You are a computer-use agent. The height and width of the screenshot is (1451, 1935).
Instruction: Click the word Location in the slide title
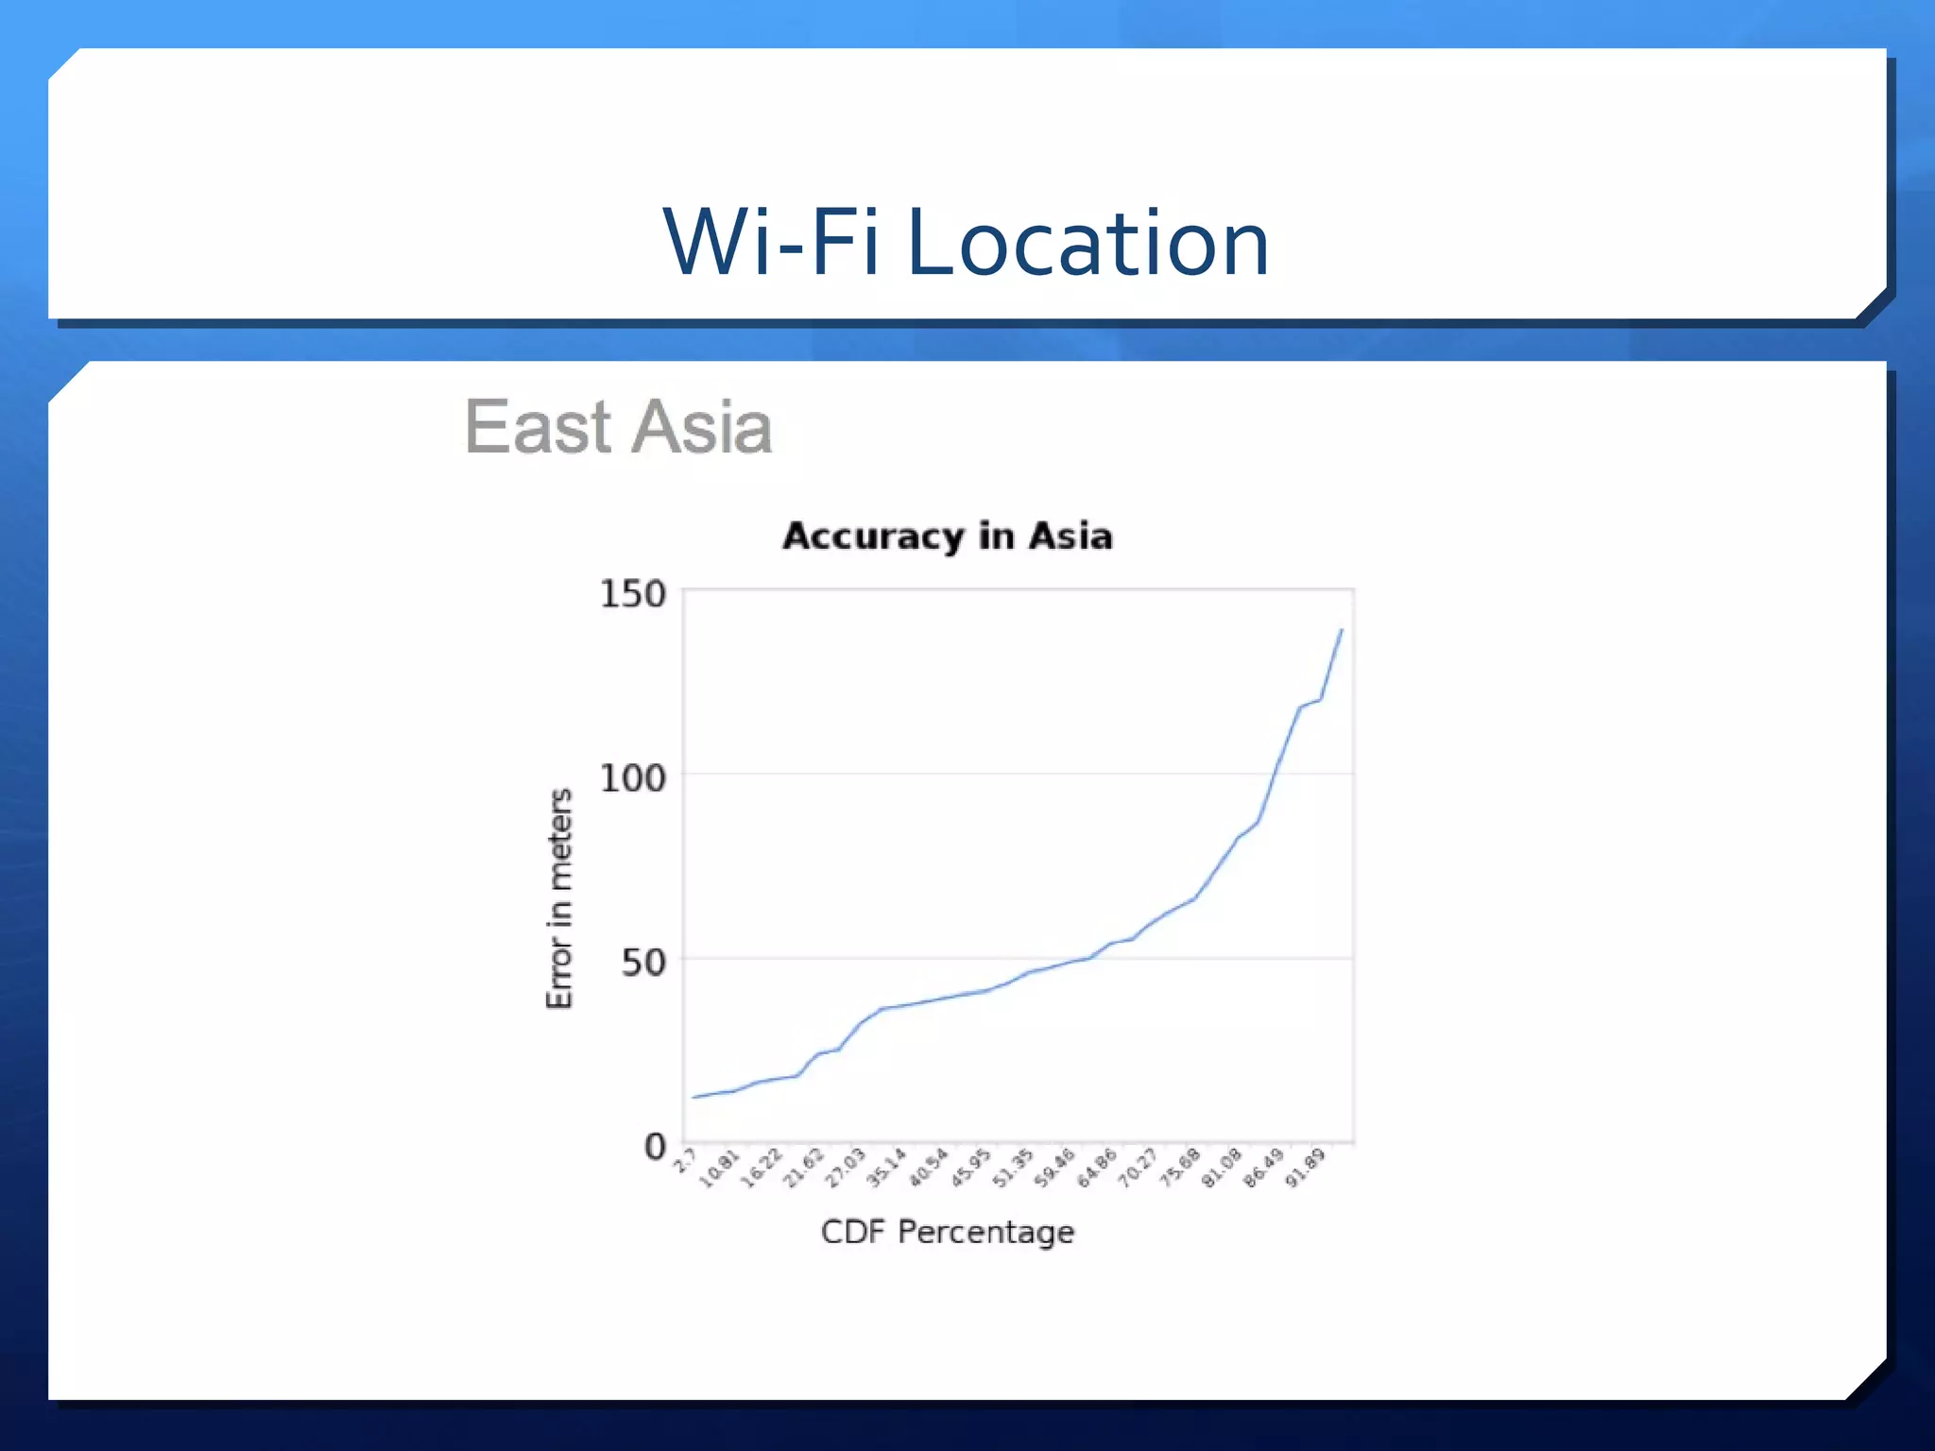pyautogui.click(x=1087, y=244)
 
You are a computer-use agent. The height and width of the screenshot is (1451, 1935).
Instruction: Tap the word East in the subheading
pyautogui.click(x=538, y=427)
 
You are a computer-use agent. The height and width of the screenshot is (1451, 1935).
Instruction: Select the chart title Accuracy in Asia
pyautogui.click(x=948, y=536)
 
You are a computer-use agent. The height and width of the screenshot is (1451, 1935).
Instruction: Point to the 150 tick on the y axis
pyautogui.click(x=632, y=594)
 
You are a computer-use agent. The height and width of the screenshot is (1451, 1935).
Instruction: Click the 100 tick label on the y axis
pyautogui.click(x=632, y=778)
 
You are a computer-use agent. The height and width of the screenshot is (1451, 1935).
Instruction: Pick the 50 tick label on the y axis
pyautogui.click(x=642, y=963)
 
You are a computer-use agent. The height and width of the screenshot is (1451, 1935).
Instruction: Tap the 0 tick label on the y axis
pyautogui.click(x=655, y=1147)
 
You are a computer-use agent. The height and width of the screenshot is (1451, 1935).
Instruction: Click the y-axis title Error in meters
pyautogui.click(x=559, y=898)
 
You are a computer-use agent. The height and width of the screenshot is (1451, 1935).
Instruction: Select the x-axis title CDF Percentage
pyautogui.click(x=948, y=1232)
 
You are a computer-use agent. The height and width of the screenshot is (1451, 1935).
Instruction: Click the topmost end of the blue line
pyautogui.click(x=1342, y=630)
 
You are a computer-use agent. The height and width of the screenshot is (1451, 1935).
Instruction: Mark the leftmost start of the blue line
pyautogui.click(x=694, y=1097)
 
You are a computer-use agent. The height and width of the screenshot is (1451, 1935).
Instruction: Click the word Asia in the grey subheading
pyautogui.click(x=701, y=427)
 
